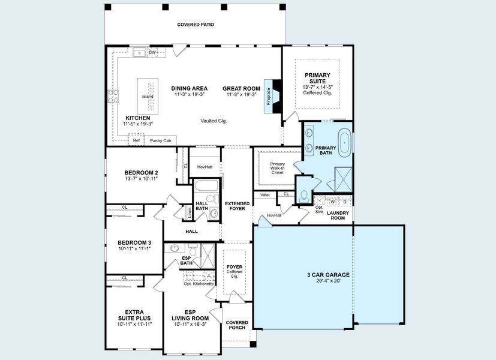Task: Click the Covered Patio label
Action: pos(196,25)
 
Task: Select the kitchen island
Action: pos(148,97)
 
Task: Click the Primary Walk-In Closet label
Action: pos(277,168)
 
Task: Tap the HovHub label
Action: pos(205,166)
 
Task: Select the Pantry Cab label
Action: pos(160,140)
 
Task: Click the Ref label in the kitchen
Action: pos(136,140)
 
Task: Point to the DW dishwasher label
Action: pos(152,53)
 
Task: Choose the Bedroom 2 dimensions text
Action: pos(141,179)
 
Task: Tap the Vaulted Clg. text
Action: pos(214,121)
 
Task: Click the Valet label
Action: pos(265,194)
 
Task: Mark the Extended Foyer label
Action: pos(237,206)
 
